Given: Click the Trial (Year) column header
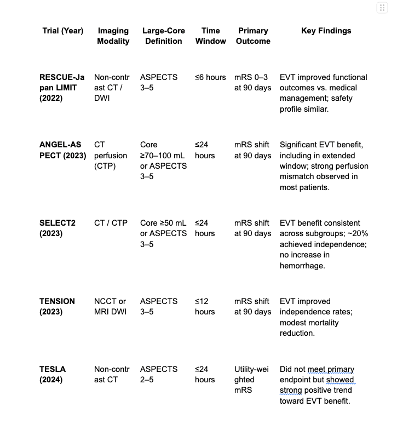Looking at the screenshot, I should click(x=63, y=31).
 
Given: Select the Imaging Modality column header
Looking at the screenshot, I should click(x=113, y=36).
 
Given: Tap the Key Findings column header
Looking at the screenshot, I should click(x=326, y=31).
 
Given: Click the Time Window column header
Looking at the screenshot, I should click(x=210, y=36).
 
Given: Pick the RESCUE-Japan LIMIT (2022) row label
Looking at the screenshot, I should click(x=58, y=88).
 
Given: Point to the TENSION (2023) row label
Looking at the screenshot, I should click(x=57, y=306).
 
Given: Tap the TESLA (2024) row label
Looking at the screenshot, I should click(x=53, y=374).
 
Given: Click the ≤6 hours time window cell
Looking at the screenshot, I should click(x=210, y=77).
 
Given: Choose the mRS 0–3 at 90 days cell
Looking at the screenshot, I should click(x=252, y=82).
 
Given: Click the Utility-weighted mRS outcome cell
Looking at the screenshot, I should click(x=252, y=380).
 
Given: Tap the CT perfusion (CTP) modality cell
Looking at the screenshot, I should click(x=111, y=156).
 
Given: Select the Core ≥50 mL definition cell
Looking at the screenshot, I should click(x=163, y=223).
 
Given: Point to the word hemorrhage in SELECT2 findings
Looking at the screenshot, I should click(x=302, y=265).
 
